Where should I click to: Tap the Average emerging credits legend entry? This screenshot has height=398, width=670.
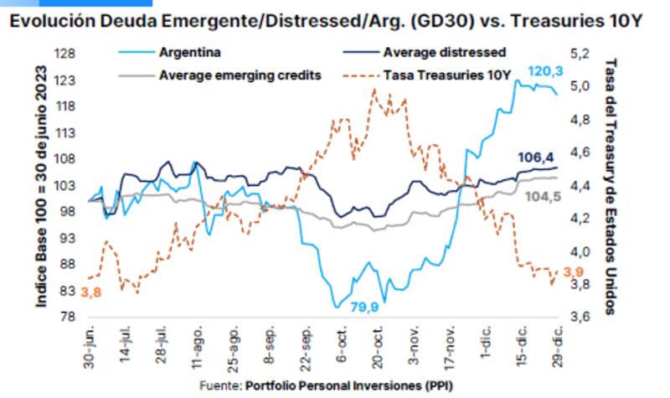click(x=240, y=75)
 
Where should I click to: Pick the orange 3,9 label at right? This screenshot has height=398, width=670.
click(x=573, y=272)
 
